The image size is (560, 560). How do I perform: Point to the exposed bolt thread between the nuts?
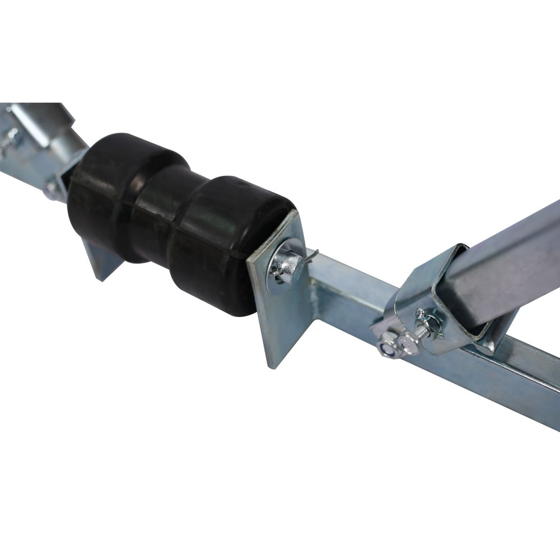[420, 335]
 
